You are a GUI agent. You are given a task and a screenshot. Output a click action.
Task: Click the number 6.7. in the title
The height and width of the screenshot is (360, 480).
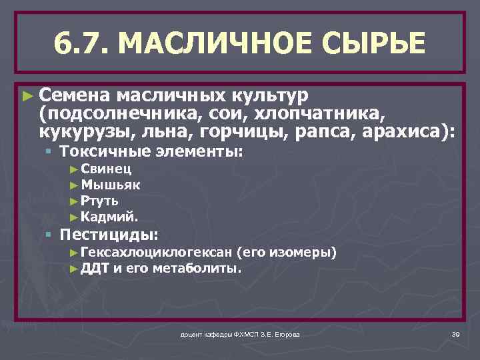pyautogui.click(x=84, y=44)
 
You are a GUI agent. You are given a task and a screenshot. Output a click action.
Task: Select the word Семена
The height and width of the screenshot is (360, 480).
pyautogui.click(x=71, y=95)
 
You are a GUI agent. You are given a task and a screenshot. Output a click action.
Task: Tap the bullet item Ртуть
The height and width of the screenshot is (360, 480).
pyautogui.click(x=99, y=200)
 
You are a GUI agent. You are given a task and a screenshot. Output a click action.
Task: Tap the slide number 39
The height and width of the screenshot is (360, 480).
pyautogui.click(x=456, y=333)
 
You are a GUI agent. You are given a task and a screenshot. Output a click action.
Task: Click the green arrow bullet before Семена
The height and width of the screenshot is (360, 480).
pyautogui.click(x=26, y=96)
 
